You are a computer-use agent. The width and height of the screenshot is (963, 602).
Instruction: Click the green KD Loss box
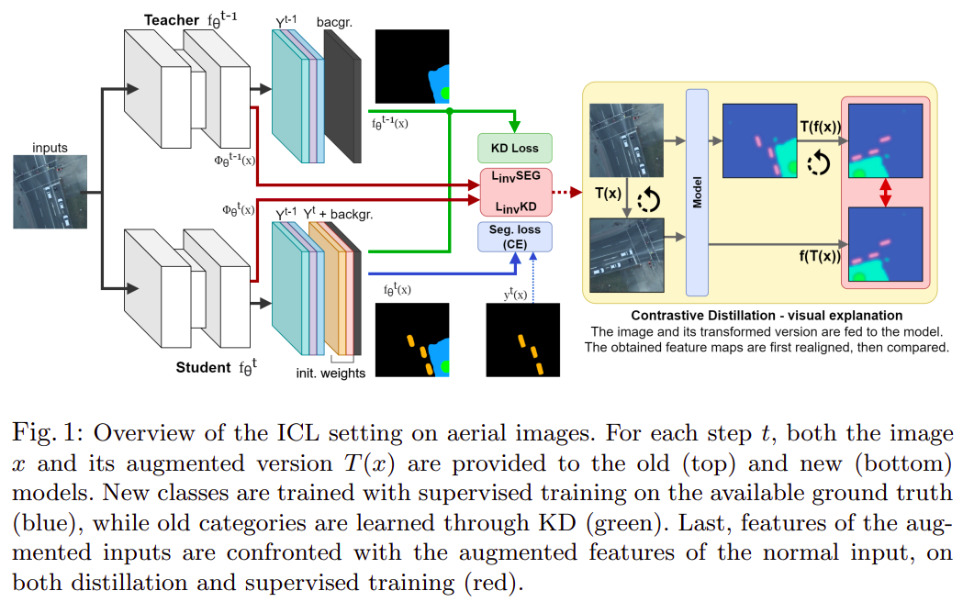click(x=514, y=148)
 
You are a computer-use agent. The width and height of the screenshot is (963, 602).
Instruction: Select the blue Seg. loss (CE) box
click(x=514, y=237)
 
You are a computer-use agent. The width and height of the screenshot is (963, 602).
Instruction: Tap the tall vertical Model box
click(x=698, y=193)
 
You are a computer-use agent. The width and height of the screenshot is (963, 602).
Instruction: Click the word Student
click(x=202, y=367)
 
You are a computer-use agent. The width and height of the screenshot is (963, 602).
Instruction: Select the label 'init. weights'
click(x=330, y=373)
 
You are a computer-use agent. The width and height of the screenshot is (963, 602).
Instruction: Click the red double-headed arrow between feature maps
click(x=886, y=194)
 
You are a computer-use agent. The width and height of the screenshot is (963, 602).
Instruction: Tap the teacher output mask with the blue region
click(x=412, y=67)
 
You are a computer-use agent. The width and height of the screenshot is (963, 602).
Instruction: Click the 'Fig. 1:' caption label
click(x=43, y=432)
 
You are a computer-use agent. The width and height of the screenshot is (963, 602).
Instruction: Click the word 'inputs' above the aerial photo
click(x=50, y=147)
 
